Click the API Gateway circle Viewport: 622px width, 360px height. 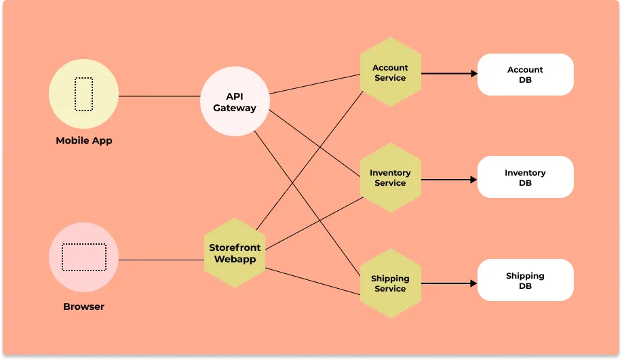click(x=235, y=102)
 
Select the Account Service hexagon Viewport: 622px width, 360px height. click(x=390, y=73)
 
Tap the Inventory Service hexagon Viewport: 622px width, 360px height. click(x=390, y=178)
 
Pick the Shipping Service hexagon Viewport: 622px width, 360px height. click(x=390, y=283)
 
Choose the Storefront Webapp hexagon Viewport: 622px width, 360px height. click(x=235, y=253)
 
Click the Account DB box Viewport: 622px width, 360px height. click(x=526, y=75)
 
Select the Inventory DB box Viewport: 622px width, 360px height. click(x=526, y=178)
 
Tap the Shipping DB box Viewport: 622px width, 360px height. click(x=526, y=281)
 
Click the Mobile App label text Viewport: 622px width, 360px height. click(x=84, y=141)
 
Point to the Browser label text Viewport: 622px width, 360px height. click(x=84, y=306)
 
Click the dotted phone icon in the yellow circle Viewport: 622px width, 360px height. click(x=83, y=94)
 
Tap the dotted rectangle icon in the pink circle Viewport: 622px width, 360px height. click(x=84, y=257)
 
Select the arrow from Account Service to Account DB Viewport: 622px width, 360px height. click(x=449, y=73)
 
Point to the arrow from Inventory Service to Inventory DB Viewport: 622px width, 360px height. click(x=449, y=180)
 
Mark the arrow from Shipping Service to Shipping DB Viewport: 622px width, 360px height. click(x=449, y=283)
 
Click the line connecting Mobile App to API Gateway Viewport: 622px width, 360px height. click(x=159, y=96)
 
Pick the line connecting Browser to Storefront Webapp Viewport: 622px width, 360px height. click(x=161, y=260)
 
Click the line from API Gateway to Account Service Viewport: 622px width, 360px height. click(x=315, y=84)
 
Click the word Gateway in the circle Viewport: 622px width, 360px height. click(x=235, y=108)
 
